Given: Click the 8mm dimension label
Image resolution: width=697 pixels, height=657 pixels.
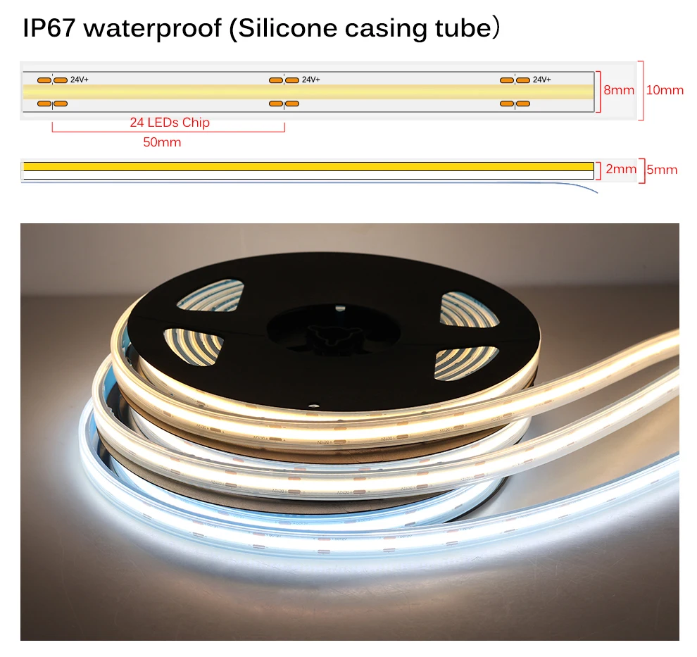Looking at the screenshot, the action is [x=619, y=90].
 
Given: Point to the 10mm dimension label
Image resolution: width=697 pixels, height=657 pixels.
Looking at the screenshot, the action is [x=665, y=90].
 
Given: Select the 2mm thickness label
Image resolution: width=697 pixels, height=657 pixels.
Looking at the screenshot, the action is [x=620, y=169].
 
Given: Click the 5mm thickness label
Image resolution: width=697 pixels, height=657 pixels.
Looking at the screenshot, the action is [x=662, y=170].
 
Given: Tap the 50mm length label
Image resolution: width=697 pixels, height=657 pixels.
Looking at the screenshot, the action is [x=162, y=142].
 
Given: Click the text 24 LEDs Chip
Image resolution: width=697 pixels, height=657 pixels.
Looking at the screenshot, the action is [x=170, y=123].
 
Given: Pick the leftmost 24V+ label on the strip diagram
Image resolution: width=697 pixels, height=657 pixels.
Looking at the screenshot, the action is [x=79, y=80].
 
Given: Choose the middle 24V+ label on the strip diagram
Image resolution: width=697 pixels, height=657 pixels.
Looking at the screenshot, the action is [x=310, y=80].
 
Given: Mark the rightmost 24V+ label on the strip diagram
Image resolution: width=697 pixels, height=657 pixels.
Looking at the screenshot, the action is [x=541, y=80].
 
